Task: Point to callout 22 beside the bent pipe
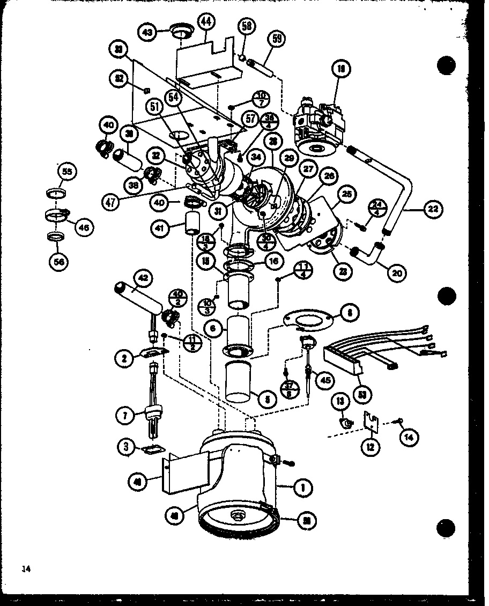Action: coord(433,210)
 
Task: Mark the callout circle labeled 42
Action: coord(143,279)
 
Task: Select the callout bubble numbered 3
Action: coord(125,447)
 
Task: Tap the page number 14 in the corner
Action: coord(27,568)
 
